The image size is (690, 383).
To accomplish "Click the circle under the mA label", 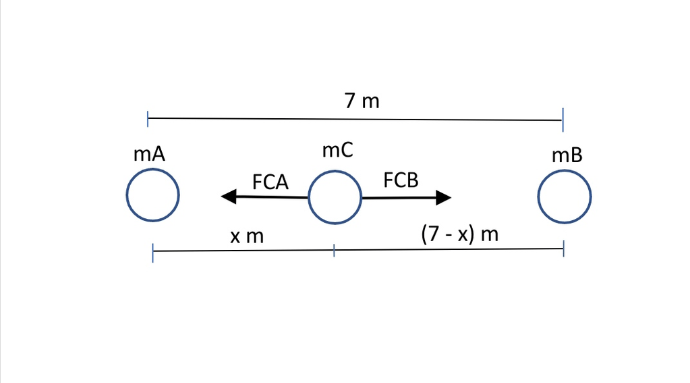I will [x=153, y=195].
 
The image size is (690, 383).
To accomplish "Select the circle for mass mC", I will [x=335, y=197].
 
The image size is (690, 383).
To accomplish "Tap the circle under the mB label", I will [x=565, y=197].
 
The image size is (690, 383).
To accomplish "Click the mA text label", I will [x=149, y=154].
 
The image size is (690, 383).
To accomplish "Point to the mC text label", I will [x=337, y=150].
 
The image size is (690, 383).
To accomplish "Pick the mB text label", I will [x=567, y=155].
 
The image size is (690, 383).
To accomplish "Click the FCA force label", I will [x=270, y=182].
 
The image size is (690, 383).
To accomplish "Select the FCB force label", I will [x=401, y=180].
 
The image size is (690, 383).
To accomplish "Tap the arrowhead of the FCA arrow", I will [x=229, y=197].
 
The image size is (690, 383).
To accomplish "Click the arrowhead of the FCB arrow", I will [x=444, y=197].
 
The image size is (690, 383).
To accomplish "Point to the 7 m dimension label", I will [x=362, y=101].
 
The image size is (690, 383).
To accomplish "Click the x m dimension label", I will [x=246, y=236].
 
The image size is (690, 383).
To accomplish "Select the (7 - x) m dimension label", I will [x=459, y=234].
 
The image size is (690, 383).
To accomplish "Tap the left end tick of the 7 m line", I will [x=148, y=120].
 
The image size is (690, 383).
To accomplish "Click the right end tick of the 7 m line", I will [x=563, y=120].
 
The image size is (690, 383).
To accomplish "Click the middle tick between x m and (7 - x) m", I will [x=334, y=251].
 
